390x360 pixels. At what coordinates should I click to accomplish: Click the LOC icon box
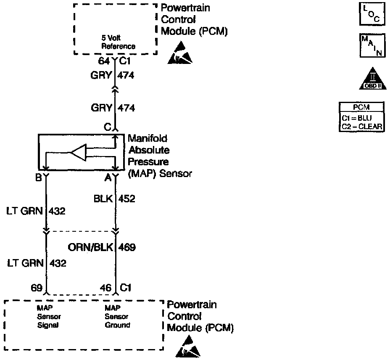click(372, 14)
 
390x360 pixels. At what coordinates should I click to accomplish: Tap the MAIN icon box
click(372, 45)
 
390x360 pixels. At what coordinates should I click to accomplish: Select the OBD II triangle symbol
click(373, 78)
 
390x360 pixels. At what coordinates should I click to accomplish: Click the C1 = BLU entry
click(357, 118)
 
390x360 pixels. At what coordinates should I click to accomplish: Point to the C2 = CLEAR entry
click(362, 127)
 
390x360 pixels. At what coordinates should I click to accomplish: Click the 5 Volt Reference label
click(118, 42)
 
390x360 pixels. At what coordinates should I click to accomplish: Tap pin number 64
click(104, 61)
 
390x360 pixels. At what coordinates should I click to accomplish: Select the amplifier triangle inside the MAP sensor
click(79, 152)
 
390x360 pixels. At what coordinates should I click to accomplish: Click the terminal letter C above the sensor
click(108, 127)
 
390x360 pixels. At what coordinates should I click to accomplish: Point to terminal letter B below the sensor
click(39, 177)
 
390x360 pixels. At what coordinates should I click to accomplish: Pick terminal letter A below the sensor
click(108, 177)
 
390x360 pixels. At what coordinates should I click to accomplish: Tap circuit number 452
click(126, 199)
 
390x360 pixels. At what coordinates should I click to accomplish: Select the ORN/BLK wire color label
click(90, 247)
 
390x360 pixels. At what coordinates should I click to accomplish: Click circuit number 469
click(127, 247)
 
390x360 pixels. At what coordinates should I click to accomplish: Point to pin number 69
click(37, 288)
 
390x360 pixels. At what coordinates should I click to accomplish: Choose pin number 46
click(106, 288)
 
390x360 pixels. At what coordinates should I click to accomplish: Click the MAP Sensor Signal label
click(49, 316)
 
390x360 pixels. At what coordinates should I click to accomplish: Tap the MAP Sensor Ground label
click(117, 316)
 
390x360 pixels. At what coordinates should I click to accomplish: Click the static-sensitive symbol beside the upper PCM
click(180, 53)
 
